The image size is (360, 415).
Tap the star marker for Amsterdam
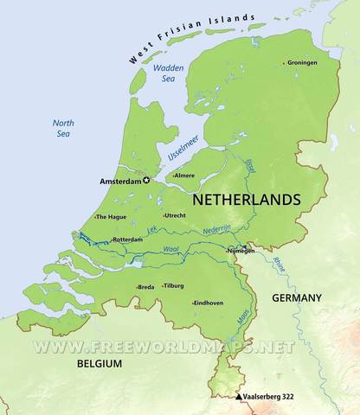coord(146,181)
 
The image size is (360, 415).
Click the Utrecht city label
coord(176,215)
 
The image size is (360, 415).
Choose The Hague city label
coord(112,217)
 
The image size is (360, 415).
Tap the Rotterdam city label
coord(127,239)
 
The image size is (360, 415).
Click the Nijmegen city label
coord(241,252)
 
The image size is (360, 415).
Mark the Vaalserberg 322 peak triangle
coord(240,397)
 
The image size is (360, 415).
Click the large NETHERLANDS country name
coord(247,199)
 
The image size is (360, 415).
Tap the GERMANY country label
coord(296,297)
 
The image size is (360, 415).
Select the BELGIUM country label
coord(98,365)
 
